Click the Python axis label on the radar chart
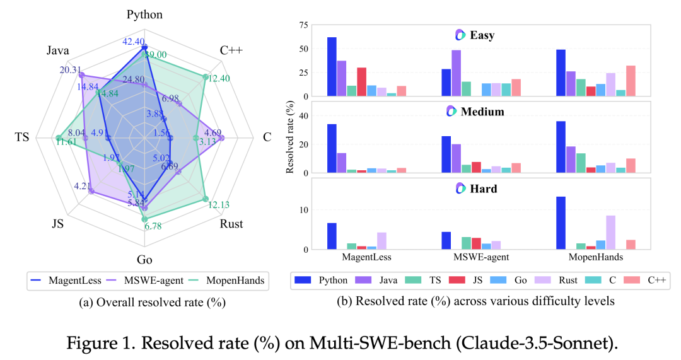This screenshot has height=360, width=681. (144, 15)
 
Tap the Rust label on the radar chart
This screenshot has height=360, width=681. (231, 224)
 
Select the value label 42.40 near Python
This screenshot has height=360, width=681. (134, 42)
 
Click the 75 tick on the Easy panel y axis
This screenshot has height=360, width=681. (305, 25)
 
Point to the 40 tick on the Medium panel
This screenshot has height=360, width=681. (305, 116)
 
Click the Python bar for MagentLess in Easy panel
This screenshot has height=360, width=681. (332, 67)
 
